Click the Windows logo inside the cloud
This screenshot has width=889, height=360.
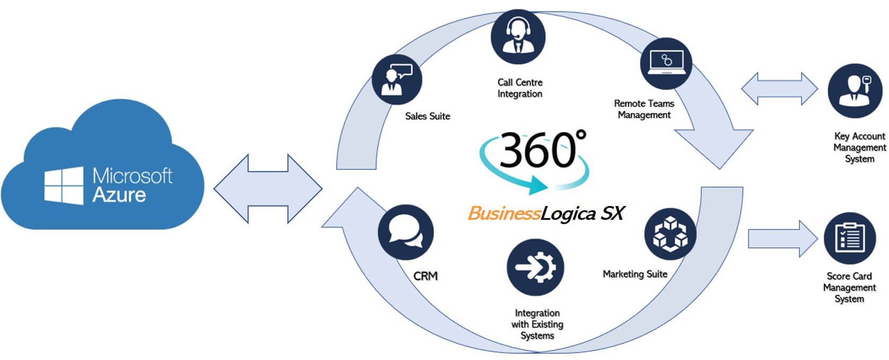coord(64,186)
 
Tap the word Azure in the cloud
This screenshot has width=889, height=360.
coord(119,195)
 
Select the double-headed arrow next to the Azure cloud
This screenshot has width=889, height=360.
coord(268,188)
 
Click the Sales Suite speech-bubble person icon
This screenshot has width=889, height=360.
coord(396,79)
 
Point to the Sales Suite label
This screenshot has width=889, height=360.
coord(427,116)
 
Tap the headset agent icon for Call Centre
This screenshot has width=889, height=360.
coord(517,37)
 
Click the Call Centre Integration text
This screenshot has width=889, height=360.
coord(520,88)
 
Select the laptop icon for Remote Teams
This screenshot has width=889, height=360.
coord(666,63)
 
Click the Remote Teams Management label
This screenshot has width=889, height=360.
coord(644,109)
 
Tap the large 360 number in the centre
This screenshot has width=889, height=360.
coord(537,150)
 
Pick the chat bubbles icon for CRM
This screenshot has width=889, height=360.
coord(405,233)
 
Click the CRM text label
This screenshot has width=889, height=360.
coord(425,276)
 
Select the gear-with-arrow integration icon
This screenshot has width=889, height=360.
coord(535,267)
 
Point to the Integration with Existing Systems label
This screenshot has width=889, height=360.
coord(537,324)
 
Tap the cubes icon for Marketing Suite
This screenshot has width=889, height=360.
coord(670,234)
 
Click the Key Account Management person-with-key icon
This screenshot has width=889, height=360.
coord(855,91)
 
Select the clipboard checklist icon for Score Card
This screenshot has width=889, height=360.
coord(849,238)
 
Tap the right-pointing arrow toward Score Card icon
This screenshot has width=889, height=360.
coord(781,239)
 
